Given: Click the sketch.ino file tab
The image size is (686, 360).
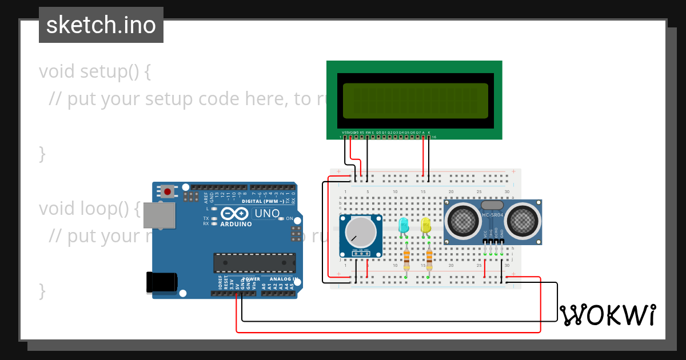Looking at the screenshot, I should pyautogui.click(x=101, y=25).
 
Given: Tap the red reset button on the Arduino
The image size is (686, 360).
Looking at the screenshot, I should pyautogui.click(x=167, y=191).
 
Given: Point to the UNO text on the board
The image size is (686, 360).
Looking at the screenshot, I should pyautogui.click(x=267, y=214).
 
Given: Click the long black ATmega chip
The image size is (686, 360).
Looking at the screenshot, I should pyautogui.click(x=254, y=262).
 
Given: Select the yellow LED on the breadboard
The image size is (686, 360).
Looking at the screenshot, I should pyautogui.click(x=426, y=225).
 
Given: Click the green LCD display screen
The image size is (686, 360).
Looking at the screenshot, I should pyautogui.click(x=416, y=100).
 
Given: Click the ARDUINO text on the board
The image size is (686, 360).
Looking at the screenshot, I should pyautogui.click(x=236, y=224).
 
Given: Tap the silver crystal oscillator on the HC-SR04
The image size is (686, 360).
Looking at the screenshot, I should pyautogui.click(x=492, y=204).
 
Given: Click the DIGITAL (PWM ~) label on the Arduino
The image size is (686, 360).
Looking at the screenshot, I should pyautogui.click(x=264, y=201).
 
